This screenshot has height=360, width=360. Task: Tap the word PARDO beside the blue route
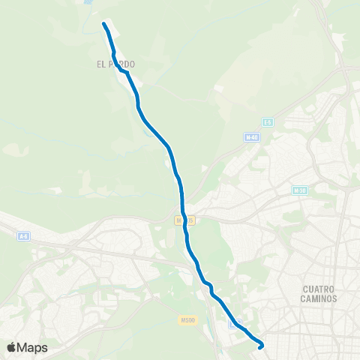[122, 64]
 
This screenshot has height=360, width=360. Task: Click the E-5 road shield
[267, 121]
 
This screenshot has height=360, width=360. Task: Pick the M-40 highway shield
[251, 137]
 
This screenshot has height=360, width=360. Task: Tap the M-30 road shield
[300, 190]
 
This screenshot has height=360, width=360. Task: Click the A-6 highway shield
[23, 236]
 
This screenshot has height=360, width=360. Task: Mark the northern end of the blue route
[103, 25]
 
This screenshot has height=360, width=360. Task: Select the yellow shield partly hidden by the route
[180, 220]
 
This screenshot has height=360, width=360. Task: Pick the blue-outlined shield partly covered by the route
[235, 322]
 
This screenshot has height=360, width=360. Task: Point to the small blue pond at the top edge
[88, 2]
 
